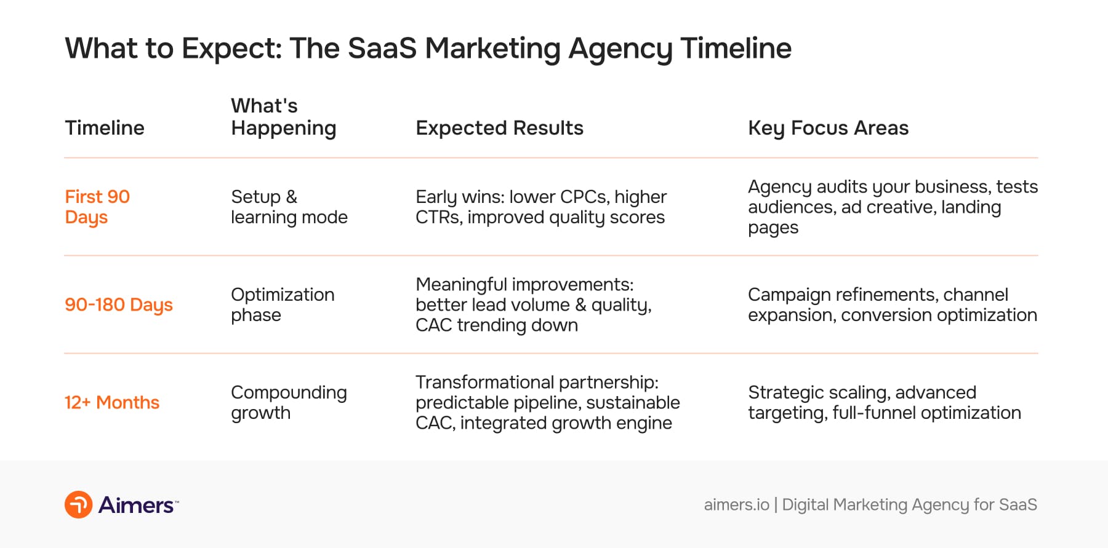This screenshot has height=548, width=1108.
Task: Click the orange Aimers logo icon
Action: coord(79,505)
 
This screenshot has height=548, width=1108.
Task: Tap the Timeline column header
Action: coord(105,128)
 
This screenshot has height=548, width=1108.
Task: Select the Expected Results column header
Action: coord(499,128)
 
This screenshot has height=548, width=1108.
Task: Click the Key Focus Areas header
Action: coord(828,128)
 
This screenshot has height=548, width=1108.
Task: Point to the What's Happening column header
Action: coord(283,117)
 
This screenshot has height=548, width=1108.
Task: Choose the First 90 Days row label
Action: coord(97,207)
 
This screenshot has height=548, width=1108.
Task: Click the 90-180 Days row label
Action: coord(119,304)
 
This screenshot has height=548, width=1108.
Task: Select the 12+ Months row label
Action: coord(112,402)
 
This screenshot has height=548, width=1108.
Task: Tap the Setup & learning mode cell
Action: coord(289,207)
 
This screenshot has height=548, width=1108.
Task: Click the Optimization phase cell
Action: coord(283,304)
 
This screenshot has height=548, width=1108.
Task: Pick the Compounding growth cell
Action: coord(289,402)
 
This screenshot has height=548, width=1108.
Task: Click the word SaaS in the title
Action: coord(382,48)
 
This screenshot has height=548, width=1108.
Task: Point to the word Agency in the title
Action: coord(620,49)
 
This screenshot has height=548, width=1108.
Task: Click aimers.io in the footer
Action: coord(736,505)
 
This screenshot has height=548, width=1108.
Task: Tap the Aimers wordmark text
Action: coord(136,505)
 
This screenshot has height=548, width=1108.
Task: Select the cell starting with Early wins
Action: coord(540,207)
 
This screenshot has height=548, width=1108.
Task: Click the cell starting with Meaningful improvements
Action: coord(533,304)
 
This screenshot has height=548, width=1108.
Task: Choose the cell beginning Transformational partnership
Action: coord(547,402)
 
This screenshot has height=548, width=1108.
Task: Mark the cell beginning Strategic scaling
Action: coord(884,402)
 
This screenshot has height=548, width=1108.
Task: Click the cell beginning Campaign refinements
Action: coord(892,304)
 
